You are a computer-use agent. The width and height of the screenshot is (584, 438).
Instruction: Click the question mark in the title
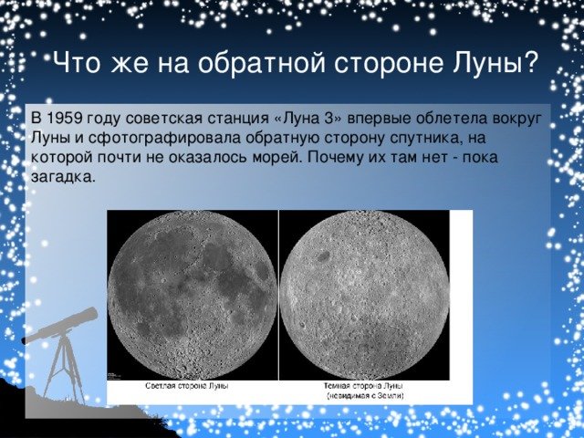click(x=530, y=62)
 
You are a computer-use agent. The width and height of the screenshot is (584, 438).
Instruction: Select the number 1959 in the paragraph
click(x=65, y=118)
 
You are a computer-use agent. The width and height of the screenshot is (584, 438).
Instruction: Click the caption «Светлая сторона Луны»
click(x=186, y=386)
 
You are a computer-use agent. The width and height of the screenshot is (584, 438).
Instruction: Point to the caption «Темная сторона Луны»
click(x=363, y=386)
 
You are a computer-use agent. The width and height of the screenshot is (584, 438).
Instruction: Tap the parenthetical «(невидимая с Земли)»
click(x=365, y=396)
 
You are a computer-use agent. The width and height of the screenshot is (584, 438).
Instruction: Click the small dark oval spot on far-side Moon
click(x=323, y=255)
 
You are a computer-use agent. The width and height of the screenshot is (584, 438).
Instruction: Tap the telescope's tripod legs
click(x=64, y=369)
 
